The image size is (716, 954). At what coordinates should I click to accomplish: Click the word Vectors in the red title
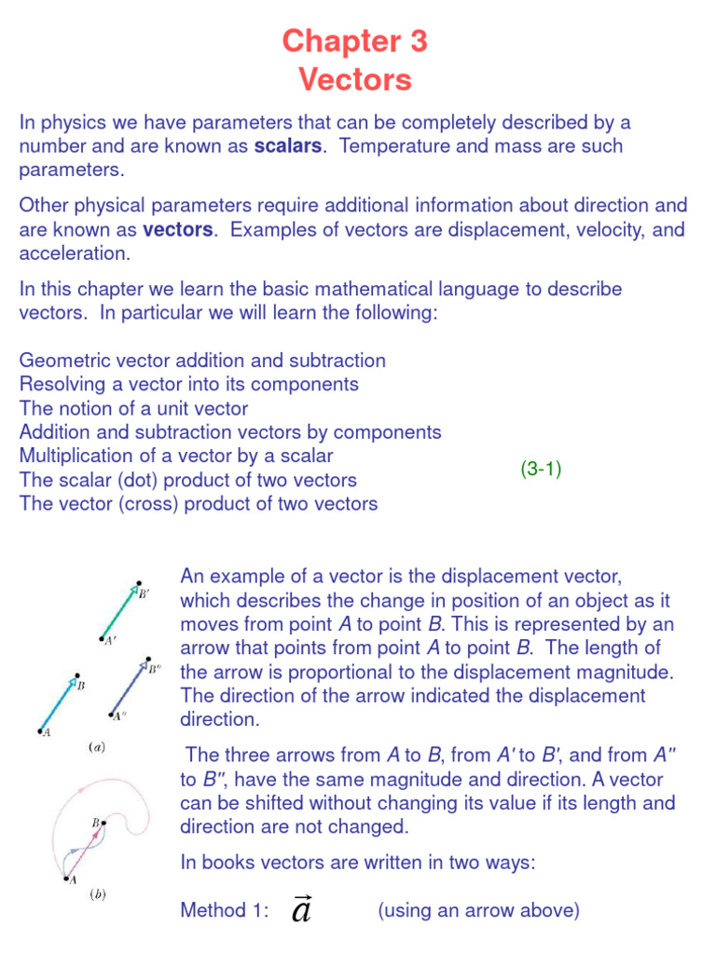pos(355,80)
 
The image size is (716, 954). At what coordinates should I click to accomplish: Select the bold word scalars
pos(288,146)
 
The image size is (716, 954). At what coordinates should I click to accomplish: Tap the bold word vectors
pos(178,229)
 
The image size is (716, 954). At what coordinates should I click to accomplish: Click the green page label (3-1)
pos(541,470)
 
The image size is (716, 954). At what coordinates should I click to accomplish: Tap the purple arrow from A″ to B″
pos(125,687)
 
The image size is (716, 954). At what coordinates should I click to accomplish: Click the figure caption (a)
pos(96,746)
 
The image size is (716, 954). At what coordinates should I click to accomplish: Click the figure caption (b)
pos(97,895)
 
